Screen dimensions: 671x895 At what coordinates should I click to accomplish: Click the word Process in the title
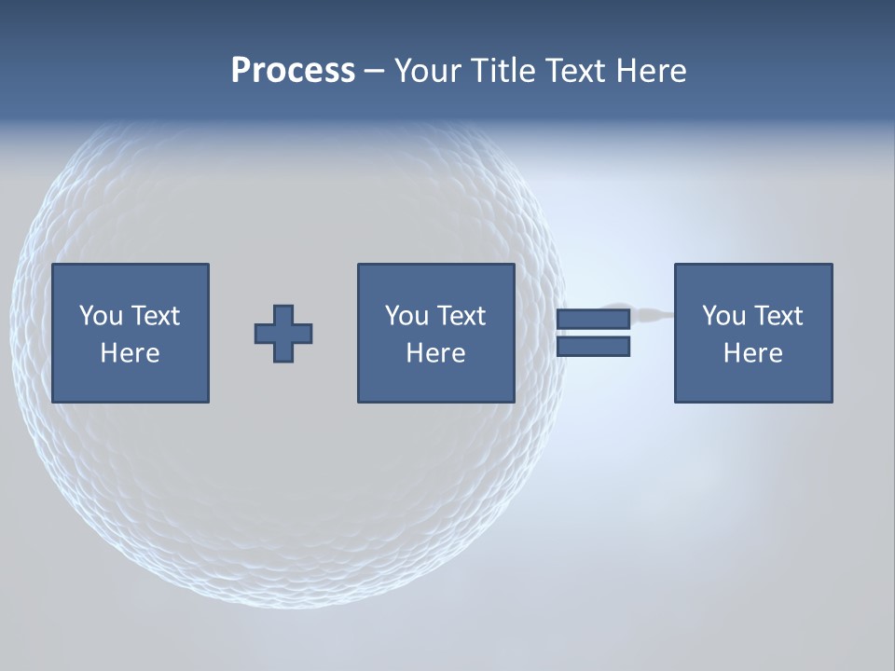pyautogui.click(x=293, y=71)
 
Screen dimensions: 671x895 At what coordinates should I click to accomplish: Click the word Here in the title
pyautogui.click(x=652, y=71)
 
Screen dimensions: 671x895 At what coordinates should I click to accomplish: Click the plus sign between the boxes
pyautogui.click(x=283, y=334)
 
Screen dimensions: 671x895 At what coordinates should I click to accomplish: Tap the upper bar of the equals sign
pyautogui.click(x=593, y=320)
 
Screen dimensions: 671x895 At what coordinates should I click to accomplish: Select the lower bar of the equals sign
pyautogui.click(x=593, y=347)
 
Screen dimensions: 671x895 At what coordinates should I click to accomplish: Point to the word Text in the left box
pyautogui.click(x=155, y=316)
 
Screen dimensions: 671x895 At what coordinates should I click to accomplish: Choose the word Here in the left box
pyautogui.click(x=130, y=353)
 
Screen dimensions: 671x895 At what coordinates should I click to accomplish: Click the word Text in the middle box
pyautogui.click(x=461, y=316)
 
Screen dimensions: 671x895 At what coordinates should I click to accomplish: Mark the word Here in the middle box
pyautogui.click(x=435, y=353)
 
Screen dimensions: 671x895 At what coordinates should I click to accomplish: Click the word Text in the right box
pyautogui.click(x=778, y=316)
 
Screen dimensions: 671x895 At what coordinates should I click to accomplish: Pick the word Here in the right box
pyautogui.click(x=752, y=353)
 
